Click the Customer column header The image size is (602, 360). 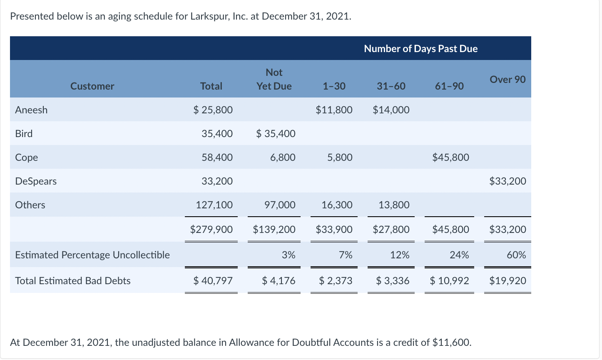92,86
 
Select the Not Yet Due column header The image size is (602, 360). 274,79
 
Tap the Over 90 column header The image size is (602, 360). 507,79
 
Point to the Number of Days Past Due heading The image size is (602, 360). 420,49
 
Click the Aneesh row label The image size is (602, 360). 31,110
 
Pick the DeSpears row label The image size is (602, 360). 36,181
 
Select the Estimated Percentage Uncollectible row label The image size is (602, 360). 92,255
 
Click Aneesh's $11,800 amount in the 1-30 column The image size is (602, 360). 334,110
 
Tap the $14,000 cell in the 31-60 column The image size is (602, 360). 391,110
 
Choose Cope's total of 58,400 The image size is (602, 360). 217,157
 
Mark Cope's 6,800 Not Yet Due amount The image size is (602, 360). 283,157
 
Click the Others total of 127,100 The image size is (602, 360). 214,205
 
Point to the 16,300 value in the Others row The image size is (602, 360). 337,205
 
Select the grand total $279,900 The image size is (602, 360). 211,230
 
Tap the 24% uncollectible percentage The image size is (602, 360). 459,255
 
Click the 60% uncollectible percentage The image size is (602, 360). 516,255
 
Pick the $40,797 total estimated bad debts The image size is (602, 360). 213,281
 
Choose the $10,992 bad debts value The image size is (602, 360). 450,281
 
